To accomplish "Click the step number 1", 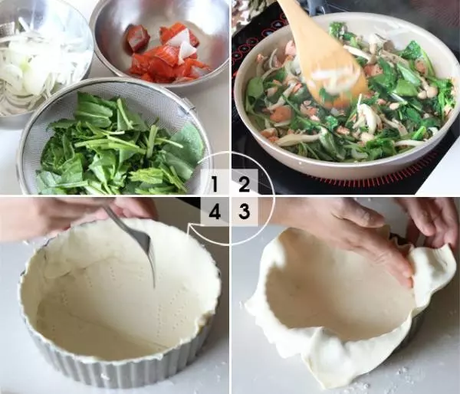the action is (x=215, y=184).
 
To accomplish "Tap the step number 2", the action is (x=244, y=184).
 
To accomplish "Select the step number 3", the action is (x=244, y=212).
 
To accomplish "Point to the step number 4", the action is (x=215, y=212).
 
